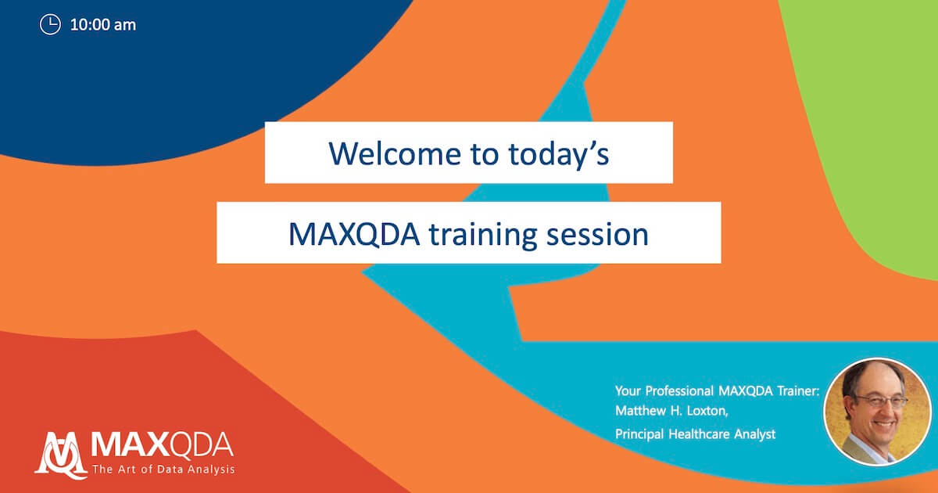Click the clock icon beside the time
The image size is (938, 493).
coord(50,24)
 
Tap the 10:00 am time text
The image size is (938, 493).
coord(103,25)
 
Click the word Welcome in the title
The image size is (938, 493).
coord(396,153)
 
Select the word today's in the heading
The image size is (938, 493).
coord(559,155)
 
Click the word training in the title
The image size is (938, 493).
coord(483,235)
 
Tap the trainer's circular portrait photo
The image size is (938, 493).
coord(878,412)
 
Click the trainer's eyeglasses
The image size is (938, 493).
coord(882,401)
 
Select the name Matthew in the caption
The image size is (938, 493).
coord(639,410)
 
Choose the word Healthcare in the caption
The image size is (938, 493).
coord(699,434)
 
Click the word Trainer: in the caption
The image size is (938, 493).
coord(798,390)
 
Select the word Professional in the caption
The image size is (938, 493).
coord(679,390)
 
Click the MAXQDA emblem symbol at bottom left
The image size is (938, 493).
coord(61,455)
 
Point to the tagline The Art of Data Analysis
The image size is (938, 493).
coord(163,469)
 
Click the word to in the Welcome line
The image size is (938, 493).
coord(485,154)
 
